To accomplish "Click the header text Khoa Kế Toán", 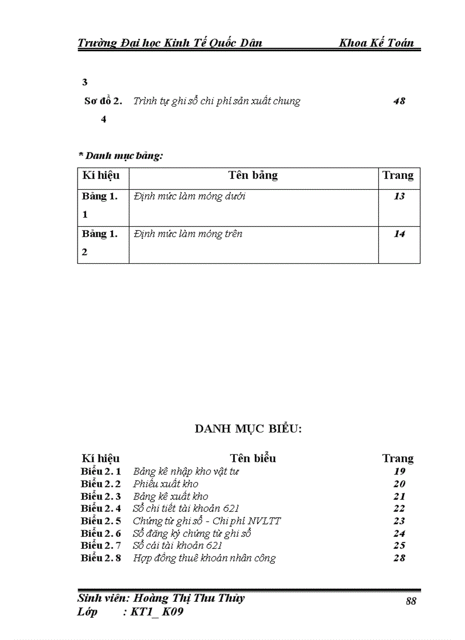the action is (x=376, y=43).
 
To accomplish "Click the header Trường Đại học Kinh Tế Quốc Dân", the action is (x=170, y=43).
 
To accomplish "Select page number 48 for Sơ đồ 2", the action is (x=399, y=101).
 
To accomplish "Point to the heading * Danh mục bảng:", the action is (x=120, y=155).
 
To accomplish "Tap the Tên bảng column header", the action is (x=253, y=176).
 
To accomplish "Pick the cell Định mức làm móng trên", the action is (x=188, y=234).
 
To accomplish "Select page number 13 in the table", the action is (x=399, y=197).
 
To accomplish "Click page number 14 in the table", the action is (x=399, y=234).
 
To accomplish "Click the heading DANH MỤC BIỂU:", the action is (x=248, y=429).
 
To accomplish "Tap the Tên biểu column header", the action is (x=253, y=458).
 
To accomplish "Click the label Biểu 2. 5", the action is (x=101, y=521).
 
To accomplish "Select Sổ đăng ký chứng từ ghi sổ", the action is (x=192, y=533).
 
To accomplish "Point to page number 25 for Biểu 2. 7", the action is (x=399, y=546).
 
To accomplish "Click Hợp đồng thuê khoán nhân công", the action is (x=204, y=559).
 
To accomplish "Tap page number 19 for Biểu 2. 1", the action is (x=399, y=471).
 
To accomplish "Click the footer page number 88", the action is (x=411, y=601).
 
